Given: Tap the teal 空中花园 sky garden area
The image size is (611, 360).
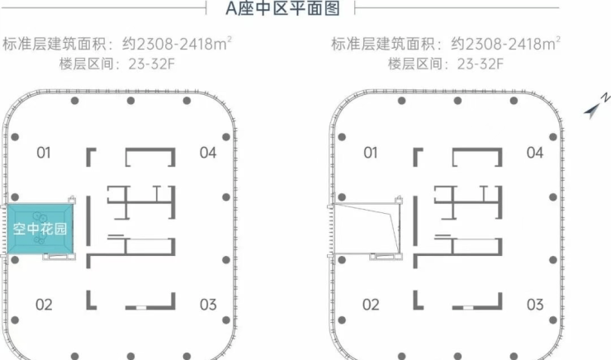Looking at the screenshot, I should tap(40, 229).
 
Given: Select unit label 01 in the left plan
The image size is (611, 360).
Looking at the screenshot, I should tap(45, 152).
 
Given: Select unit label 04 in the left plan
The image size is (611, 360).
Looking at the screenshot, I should tap(207, 152).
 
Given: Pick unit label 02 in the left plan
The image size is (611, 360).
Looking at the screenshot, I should tap(45, 305).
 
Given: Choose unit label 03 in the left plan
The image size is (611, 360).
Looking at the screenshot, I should tap(207, 305).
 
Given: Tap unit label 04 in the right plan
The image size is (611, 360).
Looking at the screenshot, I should tap(535, 152).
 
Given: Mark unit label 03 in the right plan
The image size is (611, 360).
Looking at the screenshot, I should tap(535, 305).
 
